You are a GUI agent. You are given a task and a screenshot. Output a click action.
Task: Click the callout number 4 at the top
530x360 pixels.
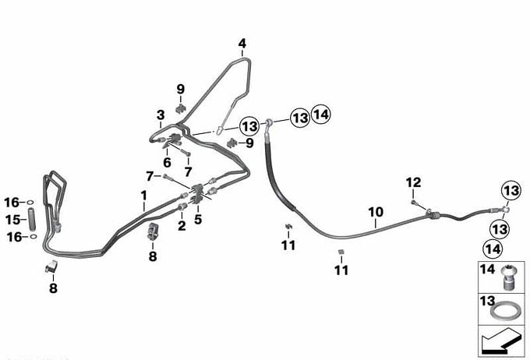click(242, 43)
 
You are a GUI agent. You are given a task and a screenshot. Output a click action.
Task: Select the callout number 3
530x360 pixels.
click(160, 114)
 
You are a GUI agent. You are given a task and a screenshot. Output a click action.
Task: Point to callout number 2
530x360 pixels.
click(182, 226)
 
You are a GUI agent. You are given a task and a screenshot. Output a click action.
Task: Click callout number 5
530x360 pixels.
click(198, 220)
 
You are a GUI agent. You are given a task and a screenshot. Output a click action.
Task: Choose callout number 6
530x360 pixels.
click(167, 162)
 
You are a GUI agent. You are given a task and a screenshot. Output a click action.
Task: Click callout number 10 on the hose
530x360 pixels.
click(376, 211)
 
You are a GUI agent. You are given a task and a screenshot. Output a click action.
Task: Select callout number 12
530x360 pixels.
click(413, 182)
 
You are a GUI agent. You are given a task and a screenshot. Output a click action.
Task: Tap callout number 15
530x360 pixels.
click(12, 219)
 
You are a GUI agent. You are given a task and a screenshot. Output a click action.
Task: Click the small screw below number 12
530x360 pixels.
click(412, 202)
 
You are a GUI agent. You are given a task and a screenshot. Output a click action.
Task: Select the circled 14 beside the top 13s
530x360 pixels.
click(321, 117)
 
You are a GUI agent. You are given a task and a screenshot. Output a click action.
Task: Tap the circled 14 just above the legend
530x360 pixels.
click(492, 249)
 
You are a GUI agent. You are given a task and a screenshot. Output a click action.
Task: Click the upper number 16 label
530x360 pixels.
click(12, 203)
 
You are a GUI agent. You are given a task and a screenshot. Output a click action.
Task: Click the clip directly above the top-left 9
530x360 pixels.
click(181, 106)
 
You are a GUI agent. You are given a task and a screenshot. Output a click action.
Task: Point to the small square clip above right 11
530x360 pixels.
click(341, 251)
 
